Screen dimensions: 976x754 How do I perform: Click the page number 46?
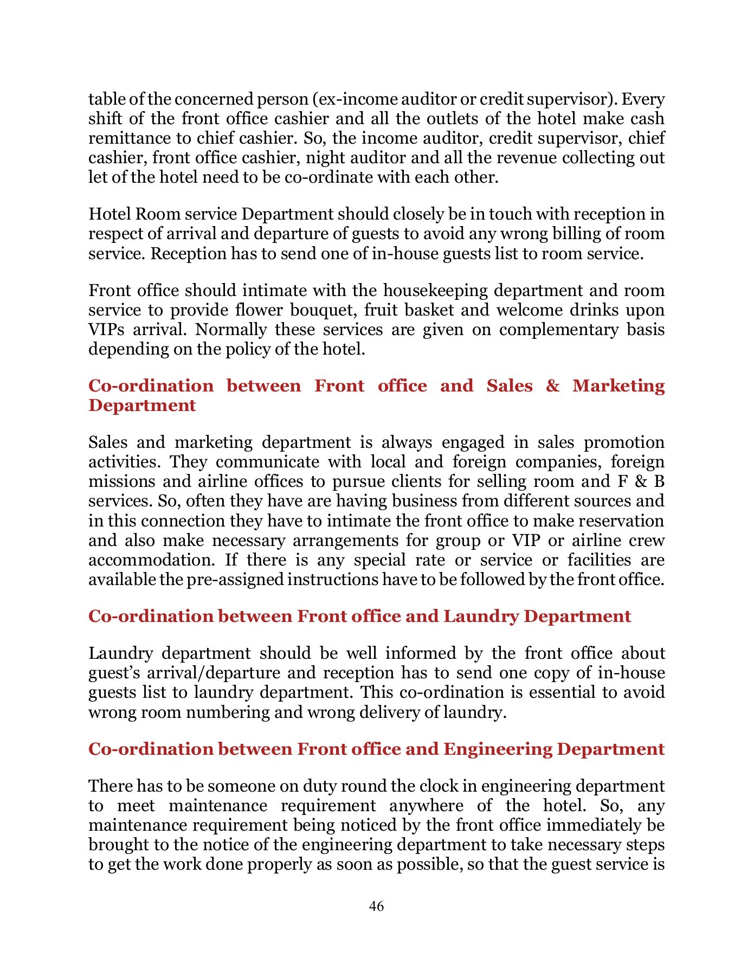376,906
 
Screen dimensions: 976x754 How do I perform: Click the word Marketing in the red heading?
618,386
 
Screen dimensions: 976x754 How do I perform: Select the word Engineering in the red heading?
497,749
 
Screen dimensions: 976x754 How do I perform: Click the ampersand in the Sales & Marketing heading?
552,386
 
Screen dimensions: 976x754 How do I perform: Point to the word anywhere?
426,806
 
